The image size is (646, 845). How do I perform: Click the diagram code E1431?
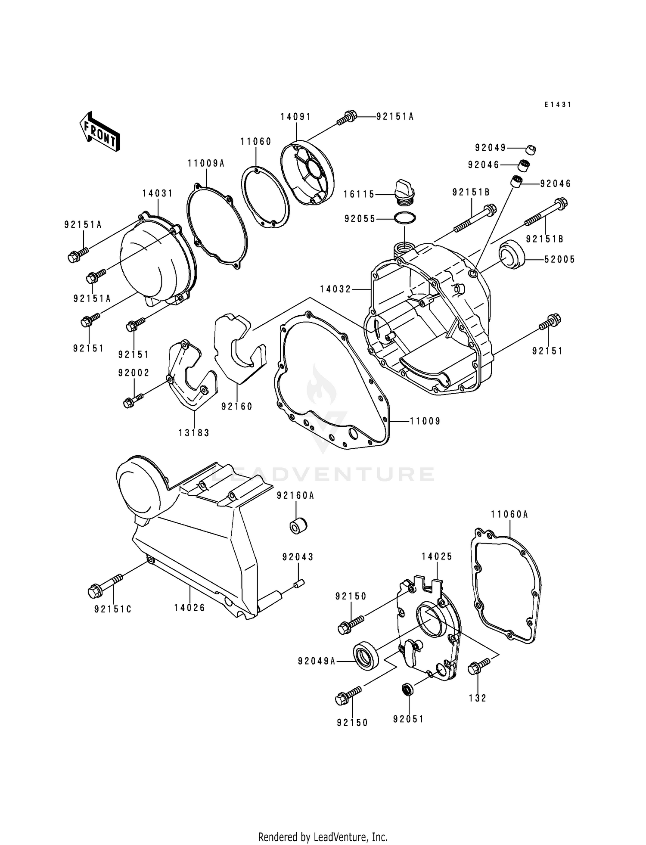[x=557, y=105]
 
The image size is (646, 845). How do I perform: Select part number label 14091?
[x=296, y=117]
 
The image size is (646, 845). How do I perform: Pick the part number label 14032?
[x=336, y=289]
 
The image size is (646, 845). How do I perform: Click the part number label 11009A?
[x=206, y=164]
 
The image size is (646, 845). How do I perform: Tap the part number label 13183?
[x=194, y=433]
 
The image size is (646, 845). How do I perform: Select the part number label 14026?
[x=189, y=608]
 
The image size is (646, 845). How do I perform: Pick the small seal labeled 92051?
[x=407, y=690]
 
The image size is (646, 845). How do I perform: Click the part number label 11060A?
[x=509, y=514]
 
